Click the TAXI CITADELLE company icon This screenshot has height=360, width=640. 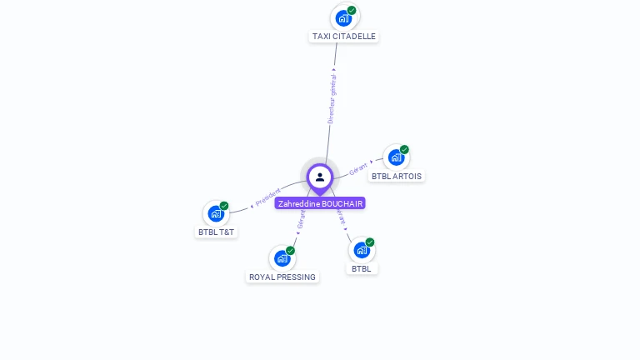point(343,17)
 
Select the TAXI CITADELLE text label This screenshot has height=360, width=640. point(344,37)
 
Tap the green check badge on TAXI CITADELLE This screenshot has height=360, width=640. point(352,11)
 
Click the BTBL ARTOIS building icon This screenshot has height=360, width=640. point(396,157)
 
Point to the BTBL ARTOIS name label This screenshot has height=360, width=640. point(397,177)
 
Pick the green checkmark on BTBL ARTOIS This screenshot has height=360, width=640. point(404,150)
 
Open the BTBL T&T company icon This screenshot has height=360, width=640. point(216,212)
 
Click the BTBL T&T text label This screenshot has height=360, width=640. point(217,232)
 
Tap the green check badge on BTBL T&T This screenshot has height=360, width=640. point(224,206)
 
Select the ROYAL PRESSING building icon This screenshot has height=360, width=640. point(282,257)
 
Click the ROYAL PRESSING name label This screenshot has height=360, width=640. point(282,277)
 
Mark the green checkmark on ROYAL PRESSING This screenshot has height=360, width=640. point(291,251)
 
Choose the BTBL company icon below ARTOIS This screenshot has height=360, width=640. point(362,249)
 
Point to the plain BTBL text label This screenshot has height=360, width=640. point(362,268)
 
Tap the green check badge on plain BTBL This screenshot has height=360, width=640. point(370,242)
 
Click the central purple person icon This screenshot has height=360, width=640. point(320,177)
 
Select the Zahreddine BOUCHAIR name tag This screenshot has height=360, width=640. point(321,203)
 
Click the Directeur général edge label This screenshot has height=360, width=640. point(332,98)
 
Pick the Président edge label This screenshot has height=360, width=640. point(268,197)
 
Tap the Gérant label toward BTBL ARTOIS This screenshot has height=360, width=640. point(358,167)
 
